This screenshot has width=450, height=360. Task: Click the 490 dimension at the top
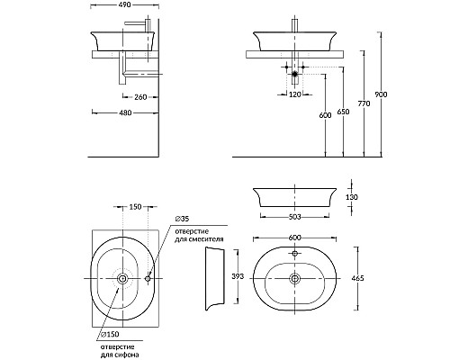pos(125,5)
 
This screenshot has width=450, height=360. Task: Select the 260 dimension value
pos(140,97)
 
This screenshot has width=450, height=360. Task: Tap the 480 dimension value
pos(125,112)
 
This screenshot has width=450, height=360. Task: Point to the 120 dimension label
pos(295,94)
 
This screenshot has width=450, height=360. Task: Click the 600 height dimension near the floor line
pos(326,115)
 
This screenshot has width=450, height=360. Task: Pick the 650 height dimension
pos(343,112)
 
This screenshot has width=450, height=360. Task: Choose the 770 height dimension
pos(364,103)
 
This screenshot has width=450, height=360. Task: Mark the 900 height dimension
pos(382,94)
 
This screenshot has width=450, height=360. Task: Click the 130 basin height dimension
pos(352,197)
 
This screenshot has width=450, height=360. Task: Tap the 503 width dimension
pos(294,217)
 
